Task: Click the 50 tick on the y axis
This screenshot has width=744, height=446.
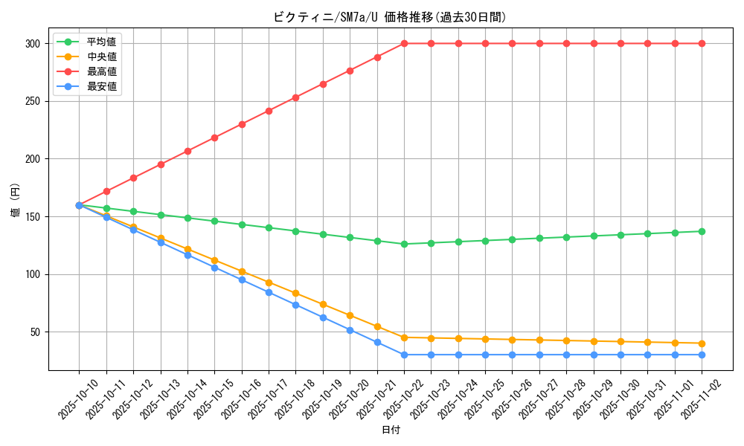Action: point(34,332)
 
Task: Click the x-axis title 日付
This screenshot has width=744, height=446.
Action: point(391,430)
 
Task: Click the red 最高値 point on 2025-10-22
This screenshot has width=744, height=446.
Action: point(404,44)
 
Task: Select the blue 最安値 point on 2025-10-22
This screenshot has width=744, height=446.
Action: point(404,355)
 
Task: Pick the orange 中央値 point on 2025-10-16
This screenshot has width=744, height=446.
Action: point(242,272)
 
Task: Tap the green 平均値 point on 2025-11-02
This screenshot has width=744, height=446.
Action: point(702,231)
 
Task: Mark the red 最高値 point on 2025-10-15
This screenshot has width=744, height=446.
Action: point(214,138)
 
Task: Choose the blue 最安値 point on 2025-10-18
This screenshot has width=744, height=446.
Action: point(295,305)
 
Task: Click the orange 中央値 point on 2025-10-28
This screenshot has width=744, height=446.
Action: point(566,340)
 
